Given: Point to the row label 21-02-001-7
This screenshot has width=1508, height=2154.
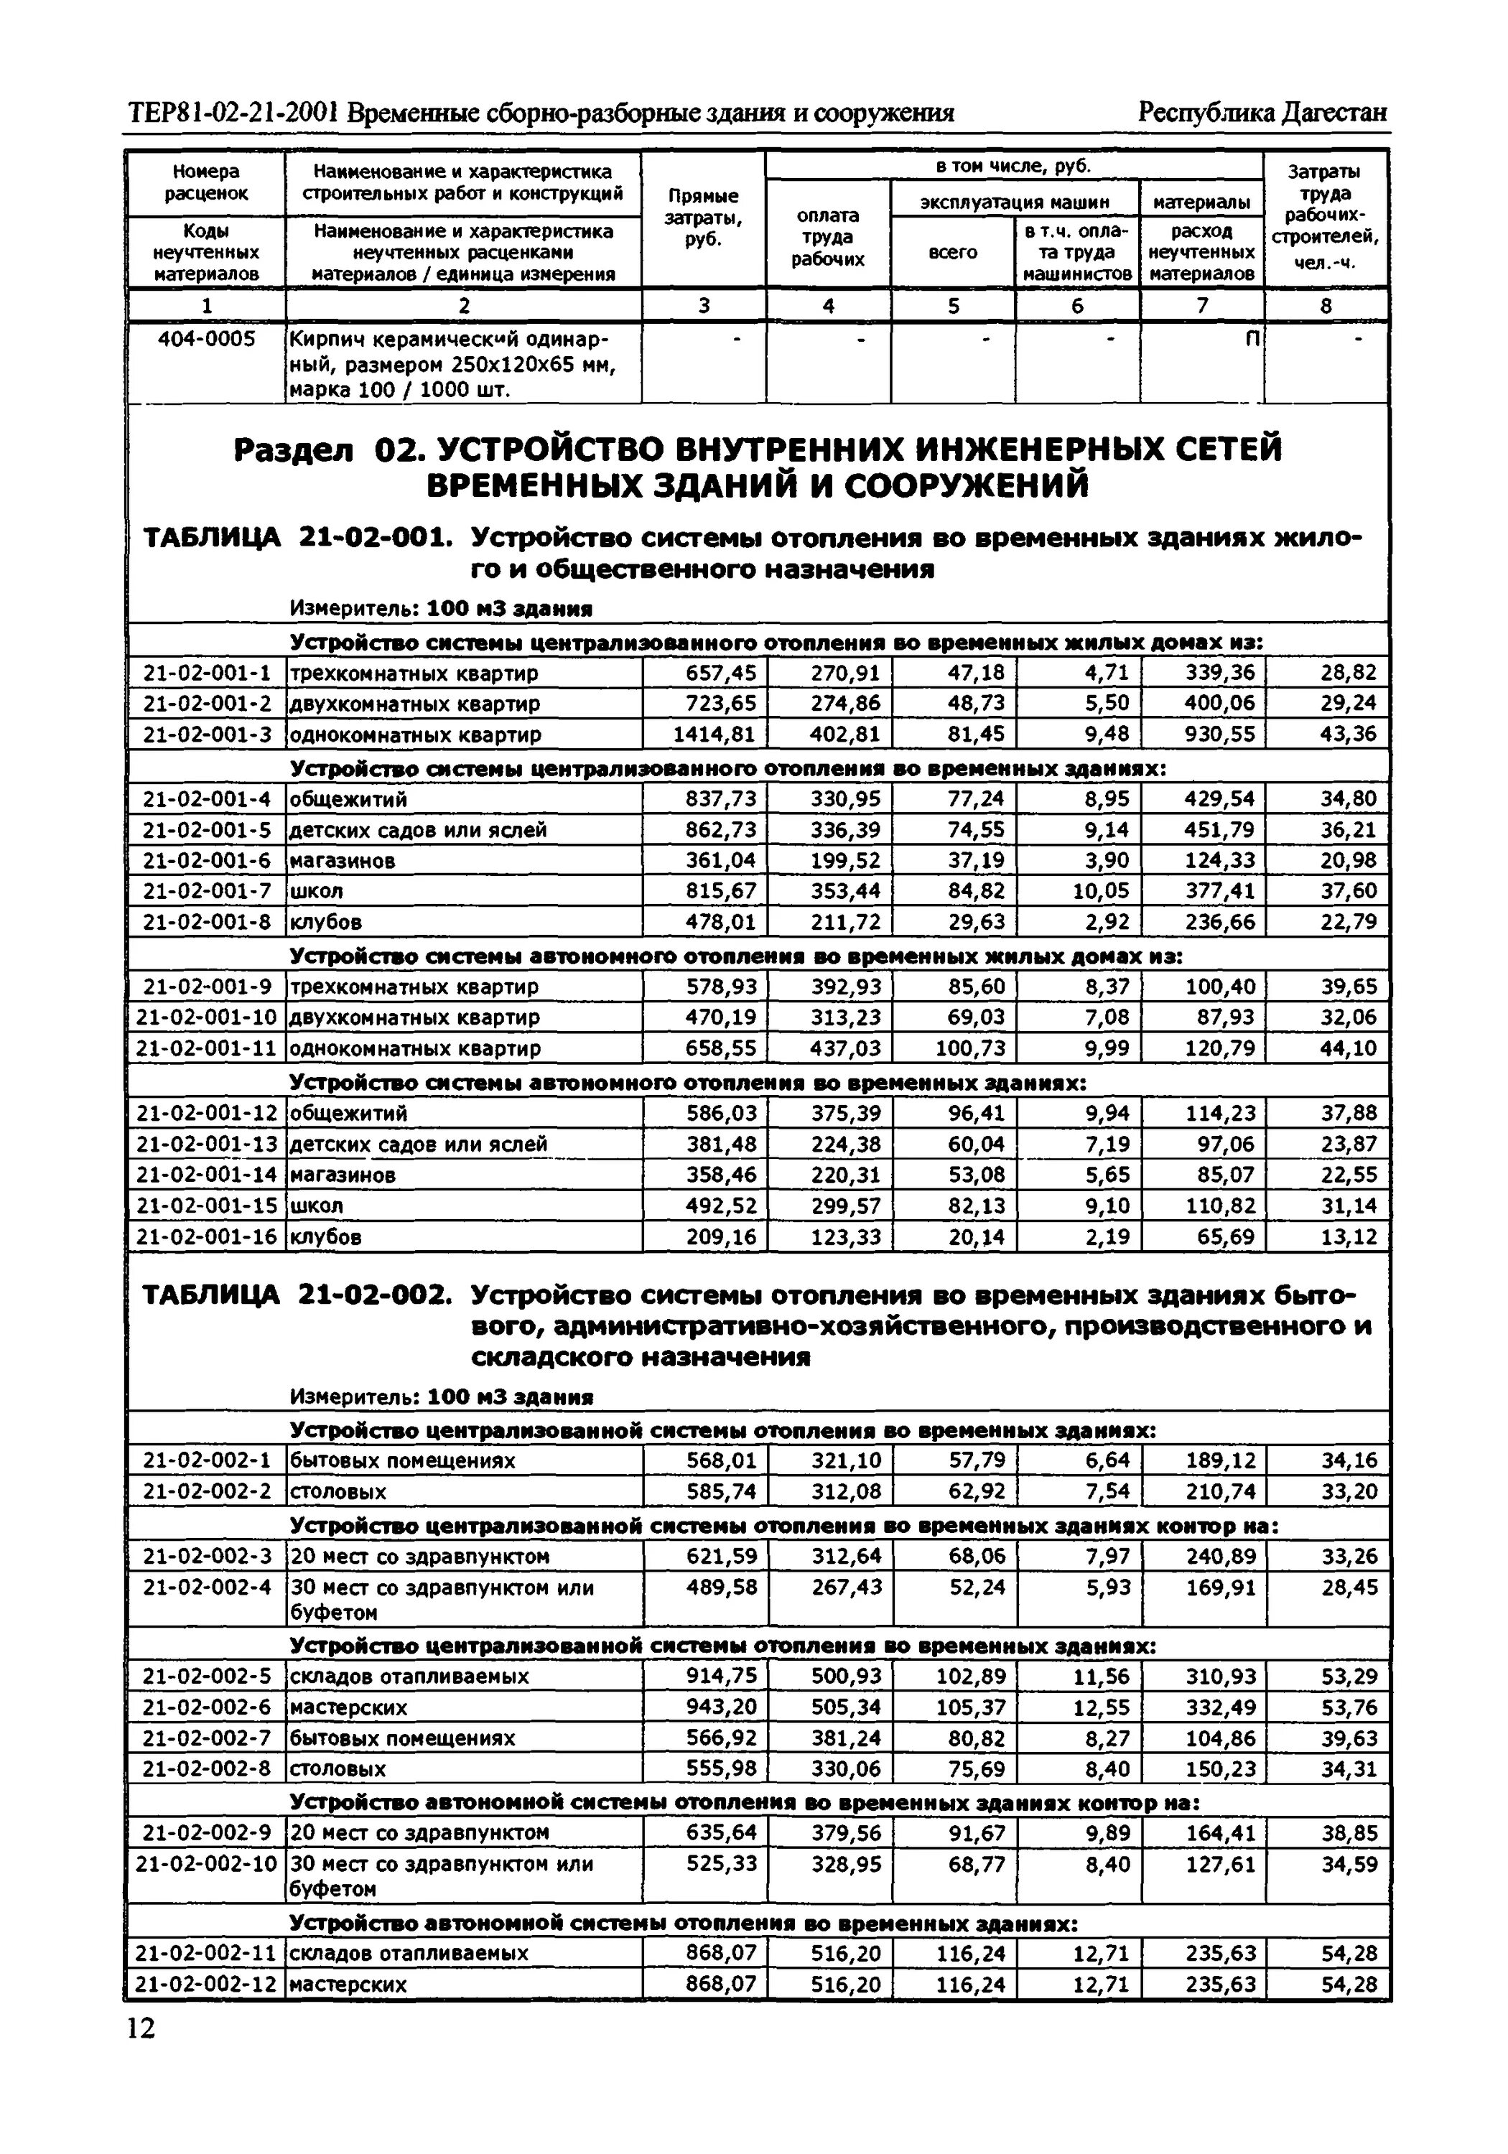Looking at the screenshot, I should (205, 890).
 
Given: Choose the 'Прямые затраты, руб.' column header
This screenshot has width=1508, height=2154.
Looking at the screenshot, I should (703, 218).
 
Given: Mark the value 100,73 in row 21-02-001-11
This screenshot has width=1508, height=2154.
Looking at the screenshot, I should (969, 1048).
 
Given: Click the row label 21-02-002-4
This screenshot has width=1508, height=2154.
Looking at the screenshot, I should (205, 1588).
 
